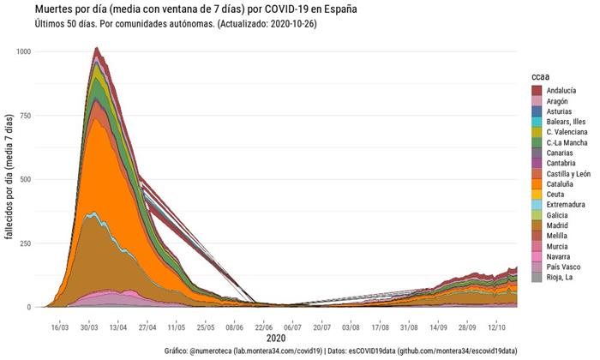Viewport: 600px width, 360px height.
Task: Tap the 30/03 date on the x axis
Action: (x=90, y=327)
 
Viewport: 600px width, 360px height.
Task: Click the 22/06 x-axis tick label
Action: (x=264, y=327)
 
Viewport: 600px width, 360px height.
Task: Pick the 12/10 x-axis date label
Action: (x=496, y=327)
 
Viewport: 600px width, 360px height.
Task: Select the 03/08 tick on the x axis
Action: (x=351, y=327)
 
